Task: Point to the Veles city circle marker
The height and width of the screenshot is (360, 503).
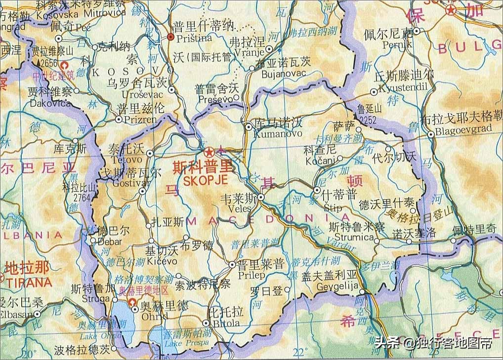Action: point(261,198)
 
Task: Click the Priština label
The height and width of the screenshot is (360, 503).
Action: point(193,38)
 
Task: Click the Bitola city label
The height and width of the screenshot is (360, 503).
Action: point(225,323)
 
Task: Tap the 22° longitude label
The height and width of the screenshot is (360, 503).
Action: point(299,352)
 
